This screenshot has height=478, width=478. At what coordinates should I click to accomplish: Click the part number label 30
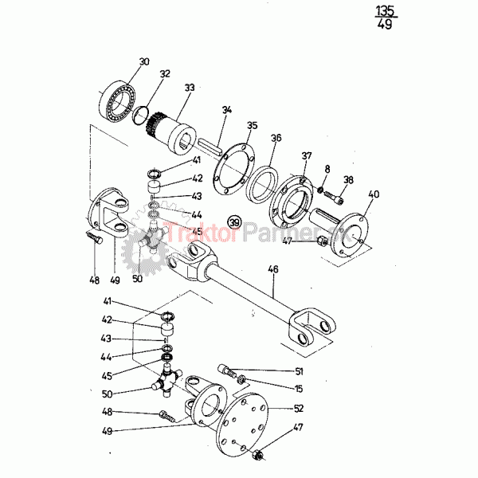pyautogui.click(x=143, y=61)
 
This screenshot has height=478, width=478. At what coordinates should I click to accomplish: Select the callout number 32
pyautogui.click(x=165, y=73)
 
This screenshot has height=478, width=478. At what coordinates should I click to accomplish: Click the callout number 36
pyautogui.click(x=276, y=138)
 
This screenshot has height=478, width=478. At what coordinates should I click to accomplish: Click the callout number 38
pyautogui.click(x=348, y=179)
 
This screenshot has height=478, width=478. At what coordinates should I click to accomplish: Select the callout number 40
pyautogui.click(x=374, y=194)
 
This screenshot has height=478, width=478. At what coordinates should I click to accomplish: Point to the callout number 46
pyautogui.click(x=273, y=272)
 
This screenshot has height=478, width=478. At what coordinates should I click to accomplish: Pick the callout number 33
pyautogui.click(x=189, y=88)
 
